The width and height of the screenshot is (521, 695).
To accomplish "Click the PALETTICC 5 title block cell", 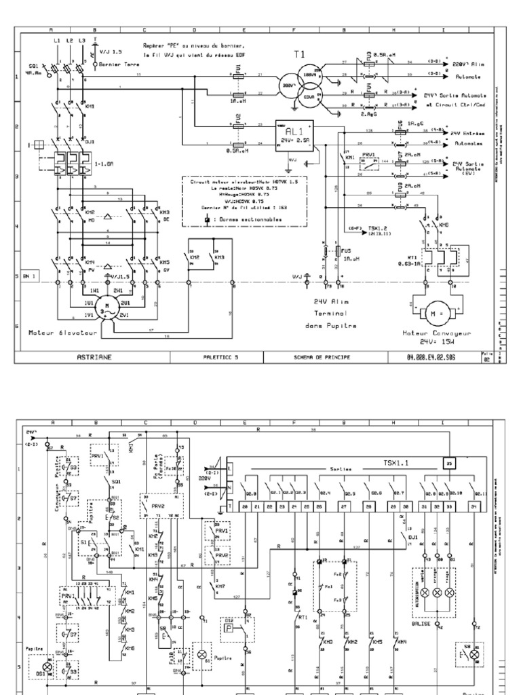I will coord(221,355).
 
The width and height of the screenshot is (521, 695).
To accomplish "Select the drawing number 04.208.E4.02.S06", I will coord(431,355).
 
